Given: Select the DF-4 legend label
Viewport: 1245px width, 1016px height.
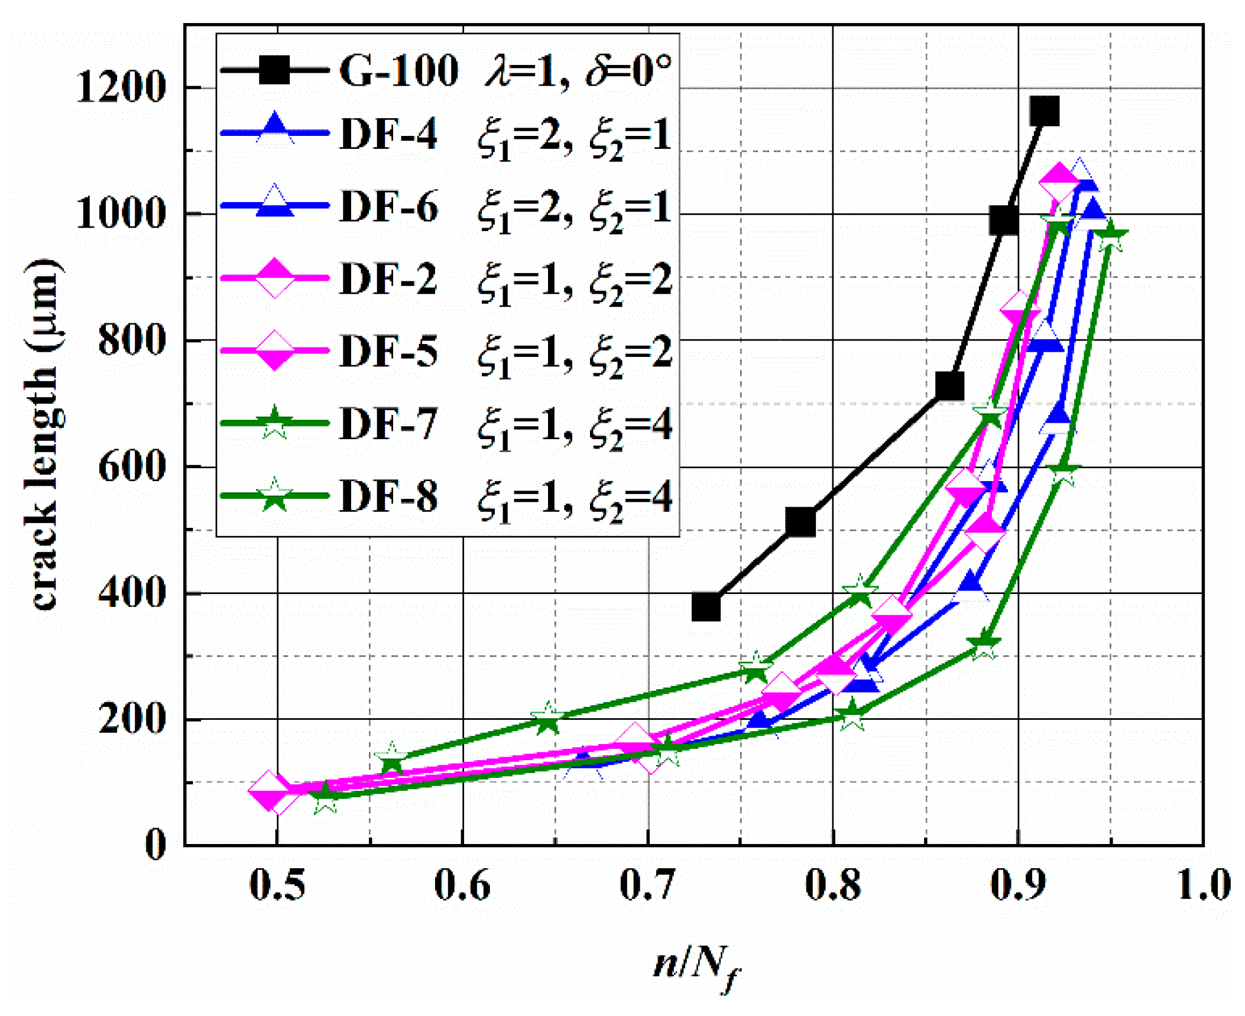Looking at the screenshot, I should (x=388, y=134).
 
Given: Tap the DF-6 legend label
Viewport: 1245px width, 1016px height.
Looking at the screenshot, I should (x=388, y=207).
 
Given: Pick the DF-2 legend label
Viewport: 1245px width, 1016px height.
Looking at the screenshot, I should (x=388, y=279).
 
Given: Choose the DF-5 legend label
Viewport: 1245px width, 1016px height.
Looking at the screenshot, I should (x=388, y=351).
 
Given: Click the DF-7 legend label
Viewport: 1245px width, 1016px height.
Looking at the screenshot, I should (x=388, y=424).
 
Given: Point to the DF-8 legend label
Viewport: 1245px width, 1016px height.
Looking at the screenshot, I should (x=388, y=496).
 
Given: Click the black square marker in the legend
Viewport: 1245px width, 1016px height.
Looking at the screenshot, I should (x=274, y=70).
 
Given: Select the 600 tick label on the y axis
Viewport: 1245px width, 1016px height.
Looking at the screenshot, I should (x=130, y=467).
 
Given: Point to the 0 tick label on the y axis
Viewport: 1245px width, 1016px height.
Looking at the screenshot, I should (x=155, y=845).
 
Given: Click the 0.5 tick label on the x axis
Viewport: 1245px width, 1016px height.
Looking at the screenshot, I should (x=277, y=885).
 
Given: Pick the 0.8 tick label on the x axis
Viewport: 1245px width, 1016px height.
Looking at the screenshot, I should (x=833, y=885).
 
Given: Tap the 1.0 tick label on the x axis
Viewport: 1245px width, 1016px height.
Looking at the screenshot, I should (x=1204, y=885).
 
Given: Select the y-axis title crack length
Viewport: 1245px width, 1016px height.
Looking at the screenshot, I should (x=45, y=434).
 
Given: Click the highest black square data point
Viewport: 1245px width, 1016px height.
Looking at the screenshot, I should (x=1044, y=111).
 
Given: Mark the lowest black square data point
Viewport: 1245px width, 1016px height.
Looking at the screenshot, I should (x=706, y=606).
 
